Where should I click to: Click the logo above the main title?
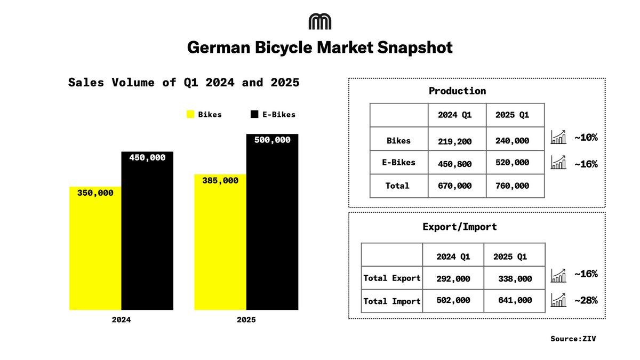(x=320, y=21)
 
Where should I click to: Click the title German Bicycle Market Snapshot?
(x=320, y=48)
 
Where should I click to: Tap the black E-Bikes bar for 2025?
(x=272, y=224)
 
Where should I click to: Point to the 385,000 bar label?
(x=220, y=181)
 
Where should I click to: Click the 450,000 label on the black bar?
(x=147, y=158)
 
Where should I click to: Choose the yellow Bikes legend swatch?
(x=190, y=114)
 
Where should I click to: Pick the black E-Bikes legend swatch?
(x=254, y=114)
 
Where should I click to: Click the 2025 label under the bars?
(x=246, y=320)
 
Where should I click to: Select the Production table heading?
(x=457, y=91)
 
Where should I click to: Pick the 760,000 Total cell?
(x=512, y=186)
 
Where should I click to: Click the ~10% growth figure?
(x=586, y=138)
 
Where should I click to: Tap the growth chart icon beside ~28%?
(x=558, y=300)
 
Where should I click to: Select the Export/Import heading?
(x=459, y=227)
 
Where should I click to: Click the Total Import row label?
(x=392, y=301)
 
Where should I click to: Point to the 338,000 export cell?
(x=515, y=278)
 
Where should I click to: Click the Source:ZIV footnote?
(x=573, y=338)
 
